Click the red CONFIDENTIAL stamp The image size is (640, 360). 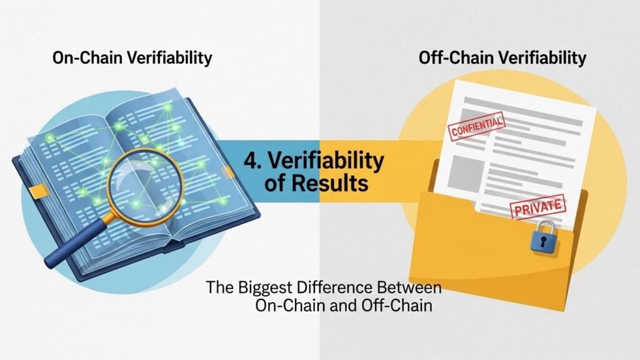(476, 126)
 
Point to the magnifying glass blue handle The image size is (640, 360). (77, 244)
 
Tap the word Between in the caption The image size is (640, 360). (409, 287)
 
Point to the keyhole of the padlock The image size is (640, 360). (543, 242)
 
